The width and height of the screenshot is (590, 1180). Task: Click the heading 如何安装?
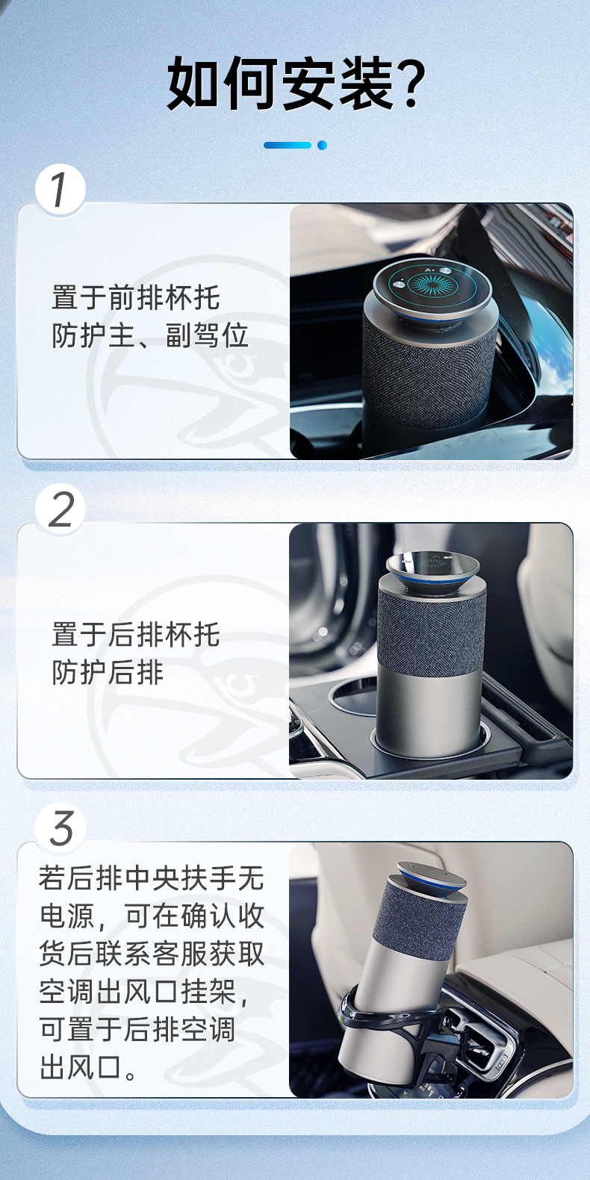(296, 84)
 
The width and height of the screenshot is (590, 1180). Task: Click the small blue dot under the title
(323, 146)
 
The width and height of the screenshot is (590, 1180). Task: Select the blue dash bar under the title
(287, 146)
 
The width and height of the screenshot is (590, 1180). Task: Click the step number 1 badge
(60, 190)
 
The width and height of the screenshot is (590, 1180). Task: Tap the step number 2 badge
(60, 509)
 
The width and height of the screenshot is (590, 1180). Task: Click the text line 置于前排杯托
(135, 298)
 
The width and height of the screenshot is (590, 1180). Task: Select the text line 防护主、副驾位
(149, 335)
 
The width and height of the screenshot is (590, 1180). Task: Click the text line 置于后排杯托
(135, 634)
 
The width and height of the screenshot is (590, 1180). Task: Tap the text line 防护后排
(108, 672)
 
